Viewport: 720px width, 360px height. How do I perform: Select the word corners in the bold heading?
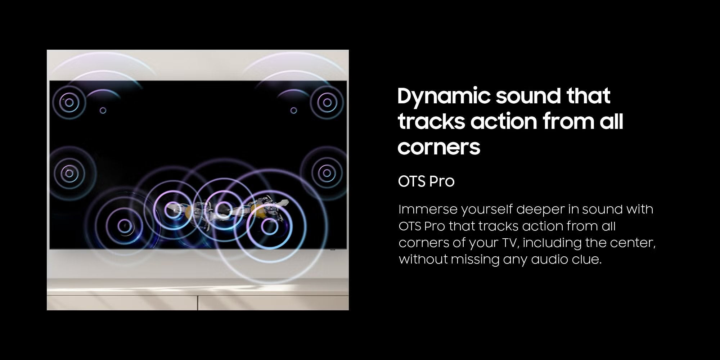click(439, 147)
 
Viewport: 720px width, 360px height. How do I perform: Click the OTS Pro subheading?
click(426, 181)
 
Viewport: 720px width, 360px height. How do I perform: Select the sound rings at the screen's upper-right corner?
click(327, 102)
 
